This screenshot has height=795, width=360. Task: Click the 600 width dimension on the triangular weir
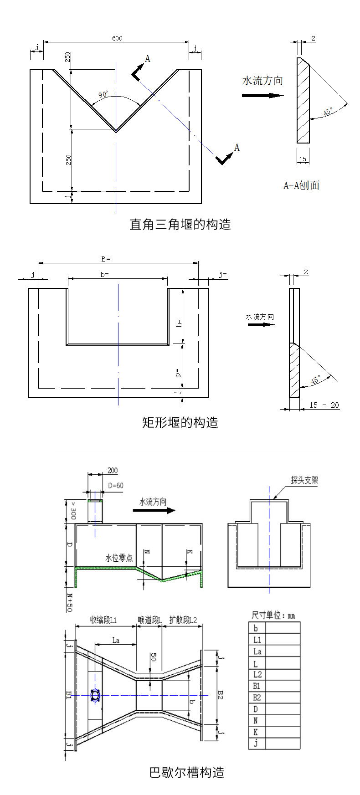pos(117,38)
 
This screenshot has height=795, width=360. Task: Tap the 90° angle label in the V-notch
pos(103,95)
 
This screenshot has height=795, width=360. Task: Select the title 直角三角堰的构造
pos(180,224)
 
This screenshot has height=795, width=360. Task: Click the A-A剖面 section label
pos(301,185)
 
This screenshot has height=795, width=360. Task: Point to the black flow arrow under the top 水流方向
pos(262,96)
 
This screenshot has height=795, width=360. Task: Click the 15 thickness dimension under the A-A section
pos(303,159)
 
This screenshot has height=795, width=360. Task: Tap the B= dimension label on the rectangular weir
pos(105,259)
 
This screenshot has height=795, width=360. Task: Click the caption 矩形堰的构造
pos(180,422)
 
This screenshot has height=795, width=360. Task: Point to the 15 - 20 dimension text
pos(324,405)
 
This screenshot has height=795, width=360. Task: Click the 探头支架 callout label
pos(304,480)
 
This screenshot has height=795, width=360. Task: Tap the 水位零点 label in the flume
pos(119,558)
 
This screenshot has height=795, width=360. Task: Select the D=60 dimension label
pos(116,486)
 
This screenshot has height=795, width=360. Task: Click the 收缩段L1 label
pos(103,620)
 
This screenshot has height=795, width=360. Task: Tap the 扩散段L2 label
pos(183,620)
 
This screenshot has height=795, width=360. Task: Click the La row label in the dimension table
pos(257,651)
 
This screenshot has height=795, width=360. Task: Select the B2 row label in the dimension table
pos(257,698)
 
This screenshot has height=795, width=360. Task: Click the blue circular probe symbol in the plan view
pos(95,695)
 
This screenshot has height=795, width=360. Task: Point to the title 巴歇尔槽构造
pos(187,773)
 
